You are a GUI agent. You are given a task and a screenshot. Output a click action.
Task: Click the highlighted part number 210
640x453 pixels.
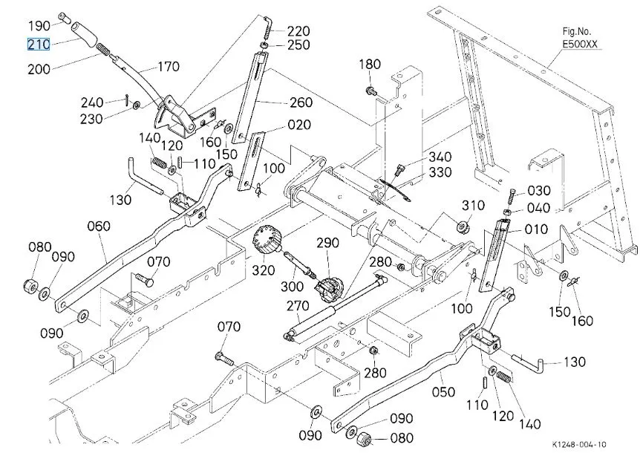[x=39, y=45]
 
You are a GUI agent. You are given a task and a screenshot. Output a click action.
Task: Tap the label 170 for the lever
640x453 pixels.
[x=168, y=67]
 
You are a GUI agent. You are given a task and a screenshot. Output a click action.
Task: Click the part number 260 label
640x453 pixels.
[x=300, y=102]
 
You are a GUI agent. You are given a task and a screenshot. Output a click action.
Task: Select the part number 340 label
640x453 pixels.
[x=440, y=158]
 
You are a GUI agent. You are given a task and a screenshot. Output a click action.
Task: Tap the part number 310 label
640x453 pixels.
[x=473, y=205]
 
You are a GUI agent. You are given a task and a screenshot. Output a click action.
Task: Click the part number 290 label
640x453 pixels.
[x=327, y=242]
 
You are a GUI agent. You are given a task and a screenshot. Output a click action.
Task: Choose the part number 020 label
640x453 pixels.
[x=300, y=125]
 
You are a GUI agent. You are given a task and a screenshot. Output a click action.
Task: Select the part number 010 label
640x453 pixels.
[x=536, y=229]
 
